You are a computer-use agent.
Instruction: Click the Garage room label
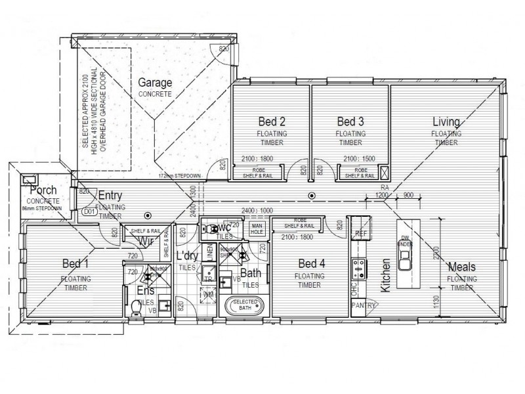point(155,83)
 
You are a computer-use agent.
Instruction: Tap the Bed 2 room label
point(271,121)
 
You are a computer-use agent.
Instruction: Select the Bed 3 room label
point(350,121)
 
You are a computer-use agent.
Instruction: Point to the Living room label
point(446,121)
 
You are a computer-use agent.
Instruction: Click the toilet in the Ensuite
point(136,307)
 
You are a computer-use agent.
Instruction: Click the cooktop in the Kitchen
point(359,267)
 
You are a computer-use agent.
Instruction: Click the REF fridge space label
point(360,233)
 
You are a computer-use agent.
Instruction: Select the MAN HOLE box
point(257,229)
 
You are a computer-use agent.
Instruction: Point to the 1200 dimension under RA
point(382,196)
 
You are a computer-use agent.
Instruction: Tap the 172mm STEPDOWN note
point(178,177)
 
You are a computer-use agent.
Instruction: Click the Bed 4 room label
point(307,264)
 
